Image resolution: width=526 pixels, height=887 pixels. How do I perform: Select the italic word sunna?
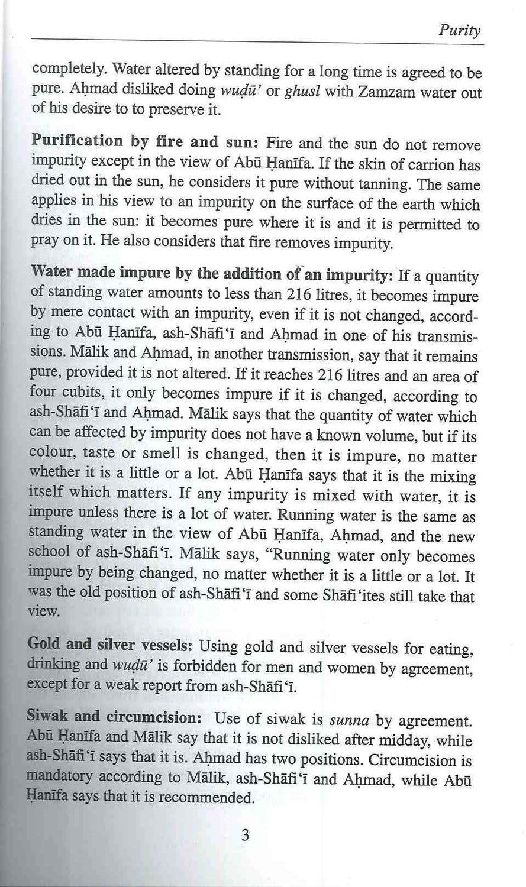(x=349, y=720)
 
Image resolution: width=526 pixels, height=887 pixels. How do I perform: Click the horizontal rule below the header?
(x=257, y=44)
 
